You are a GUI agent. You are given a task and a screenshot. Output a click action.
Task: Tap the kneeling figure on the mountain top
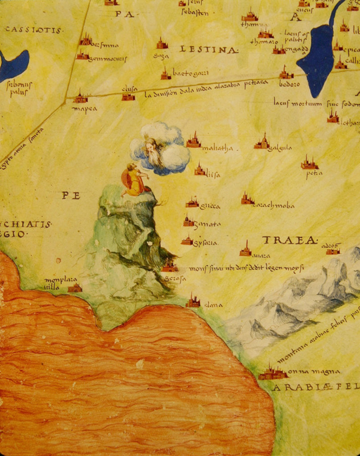click(133, 180)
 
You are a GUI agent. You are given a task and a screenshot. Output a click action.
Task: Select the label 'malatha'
click(217, 149)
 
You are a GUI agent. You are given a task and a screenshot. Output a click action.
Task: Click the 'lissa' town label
click(213, 175)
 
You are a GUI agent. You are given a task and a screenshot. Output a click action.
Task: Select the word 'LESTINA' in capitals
click(209, 49)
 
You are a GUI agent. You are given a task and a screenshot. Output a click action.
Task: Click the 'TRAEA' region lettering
click(290, 240)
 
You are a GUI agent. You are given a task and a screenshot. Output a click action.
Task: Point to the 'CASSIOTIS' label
click(34, 30)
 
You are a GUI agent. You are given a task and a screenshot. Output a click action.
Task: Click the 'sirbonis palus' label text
click(19, 88)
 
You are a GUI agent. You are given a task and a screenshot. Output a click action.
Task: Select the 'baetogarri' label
click(190, 73)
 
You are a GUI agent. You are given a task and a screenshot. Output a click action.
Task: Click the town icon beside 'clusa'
click(128, 96)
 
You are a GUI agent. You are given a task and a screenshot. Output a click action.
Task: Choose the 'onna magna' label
click(314, 371)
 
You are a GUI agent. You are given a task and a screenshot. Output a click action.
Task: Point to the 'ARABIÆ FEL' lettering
click(315, 387)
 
